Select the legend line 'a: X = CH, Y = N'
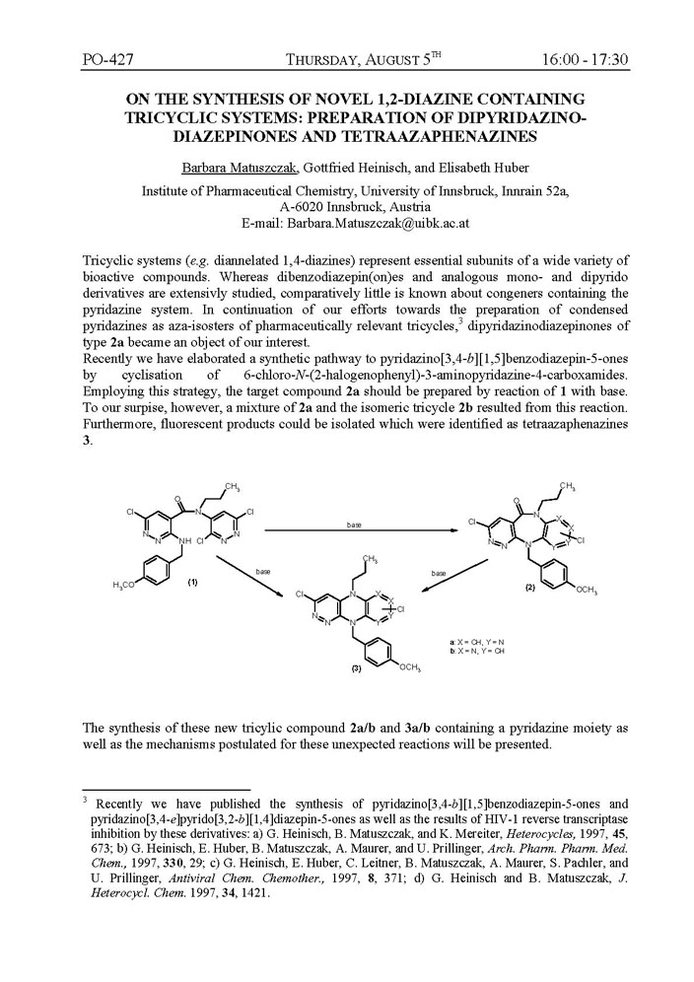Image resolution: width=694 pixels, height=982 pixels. point(475,643)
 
